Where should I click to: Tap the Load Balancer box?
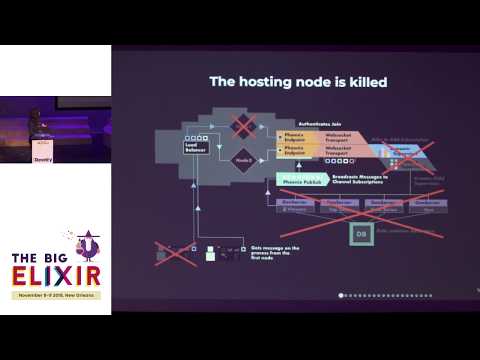click(x=196, y=146)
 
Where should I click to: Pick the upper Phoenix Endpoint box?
click(x=294, y=137)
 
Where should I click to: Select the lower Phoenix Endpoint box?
click(x=294, y=155)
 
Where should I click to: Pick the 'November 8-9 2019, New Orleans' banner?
click(x=55, y=296)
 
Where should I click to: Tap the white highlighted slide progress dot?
click(x=342, y=295)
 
